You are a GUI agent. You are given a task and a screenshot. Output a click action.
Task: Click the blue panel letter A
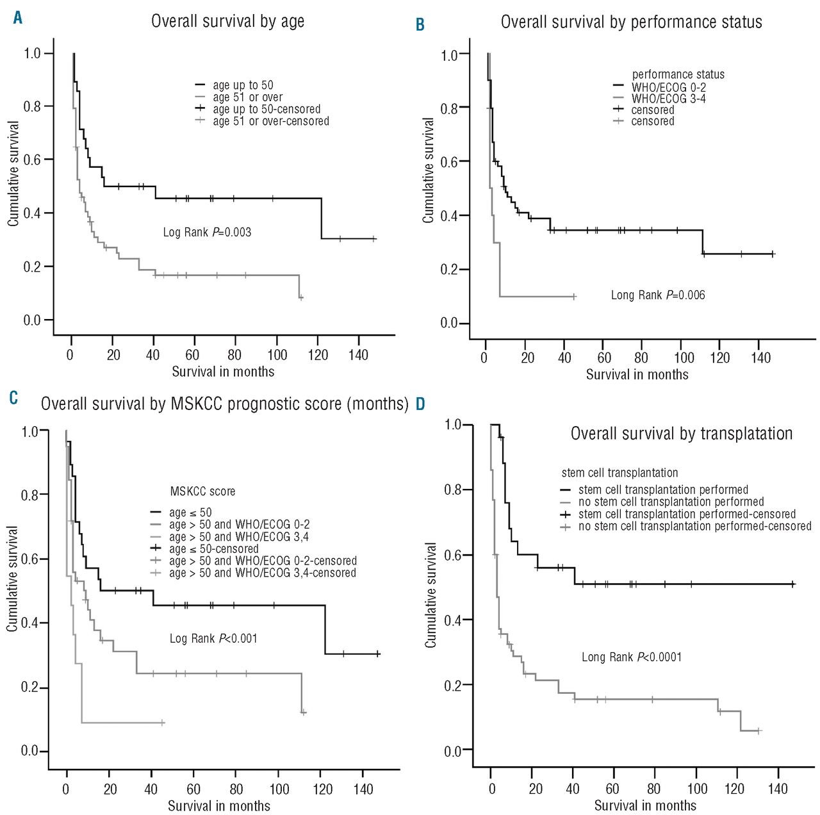point(18,18)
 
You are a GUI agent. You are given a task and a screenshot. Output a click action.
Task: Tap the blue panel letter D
point(420,404)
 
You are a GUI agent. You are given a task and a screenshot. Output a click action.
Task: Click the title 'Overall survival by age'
point(227,21)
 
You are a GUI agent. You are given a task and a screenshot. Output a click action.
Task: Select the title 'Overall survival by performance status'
point(631,22)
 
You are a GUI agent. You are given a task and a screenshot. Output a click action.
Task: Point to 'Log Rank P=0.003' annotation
point(207,232)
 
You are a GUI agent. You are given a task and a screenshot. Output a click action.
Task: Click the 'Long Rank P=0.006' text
point(658,295)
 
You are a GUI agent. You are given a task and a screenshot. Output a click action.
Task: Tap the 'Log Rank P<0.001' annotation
point(213,638)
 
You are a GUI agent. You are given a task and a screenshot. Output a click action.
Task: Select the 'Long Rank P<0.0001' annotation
point(632,657)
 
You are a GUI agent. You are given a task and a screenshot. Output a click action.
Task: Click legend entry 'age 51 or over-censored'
point(270,121)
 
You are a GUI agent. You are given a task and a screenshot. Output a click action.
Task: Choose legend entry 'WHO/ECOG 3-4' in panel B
point(668,99)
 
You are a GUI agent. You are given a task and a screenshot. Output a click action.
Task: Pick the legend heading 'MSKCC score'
point(202,491)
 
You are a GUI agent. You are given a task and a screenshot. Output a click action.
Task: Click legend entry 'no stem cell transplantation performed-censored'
point(694,527)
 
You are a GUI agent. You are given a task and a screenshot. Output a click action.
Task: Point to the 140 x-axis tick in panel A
point(358,355)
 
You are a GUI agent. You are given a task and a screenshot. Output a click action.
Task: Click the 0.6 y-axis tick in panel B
point(449,162)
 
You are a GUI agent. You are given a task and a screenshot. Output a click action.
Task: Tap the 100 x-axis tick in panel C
point(279,789)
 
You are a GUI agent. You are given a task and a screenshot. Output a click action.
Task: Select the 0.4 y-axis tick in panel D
point(453,620)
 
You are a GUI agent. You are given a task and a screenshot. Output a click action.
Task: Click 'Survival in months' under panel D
point(645,805)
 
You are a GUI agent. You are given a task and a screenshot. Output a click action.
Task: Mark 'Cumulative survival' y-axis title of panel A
point(13,173)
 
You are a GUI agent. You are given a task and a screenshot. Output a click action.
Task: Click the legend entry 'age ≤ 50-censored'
point(213,549)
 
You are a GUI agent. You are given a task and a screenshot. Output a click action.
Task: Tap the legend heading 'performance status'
point(678,74)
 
